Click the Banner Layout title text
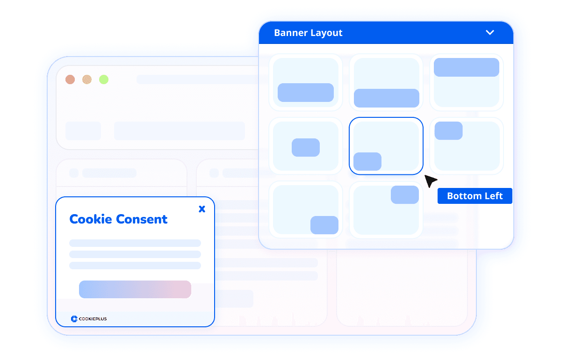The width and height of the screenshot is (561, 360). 308,33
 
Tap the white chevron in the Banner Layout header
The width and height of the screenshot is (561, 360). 490,32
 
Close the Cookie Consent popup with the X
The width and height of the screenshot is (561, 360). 202,209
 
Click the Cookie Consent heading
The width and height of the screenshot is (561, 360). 118,219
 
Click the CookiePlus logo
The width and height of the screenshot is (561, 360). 89,318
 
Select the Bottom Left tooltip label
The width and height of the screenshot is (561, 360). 475,196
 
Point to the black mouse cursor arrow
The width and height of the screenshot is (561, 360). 430,180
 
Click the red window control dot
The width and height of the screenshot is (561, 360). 70,79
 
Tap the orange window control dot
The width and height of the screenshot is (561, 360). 87,79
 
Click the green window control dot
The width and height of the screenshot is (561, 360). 104,79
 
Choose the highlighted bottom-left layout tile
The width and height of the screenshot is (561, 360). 386,146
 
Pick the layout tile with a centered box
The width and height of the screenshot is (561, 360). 306,146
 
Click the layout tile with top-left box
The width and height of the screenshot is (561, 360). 467,146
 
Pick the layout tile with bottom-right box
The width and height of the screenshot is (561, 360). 306,209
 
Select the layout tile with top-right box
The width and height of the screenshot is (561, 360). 386,209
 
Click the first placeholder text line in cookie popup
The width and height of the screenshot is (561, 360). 135,243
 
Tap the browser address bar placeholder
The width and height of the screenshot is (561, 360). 196,79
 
